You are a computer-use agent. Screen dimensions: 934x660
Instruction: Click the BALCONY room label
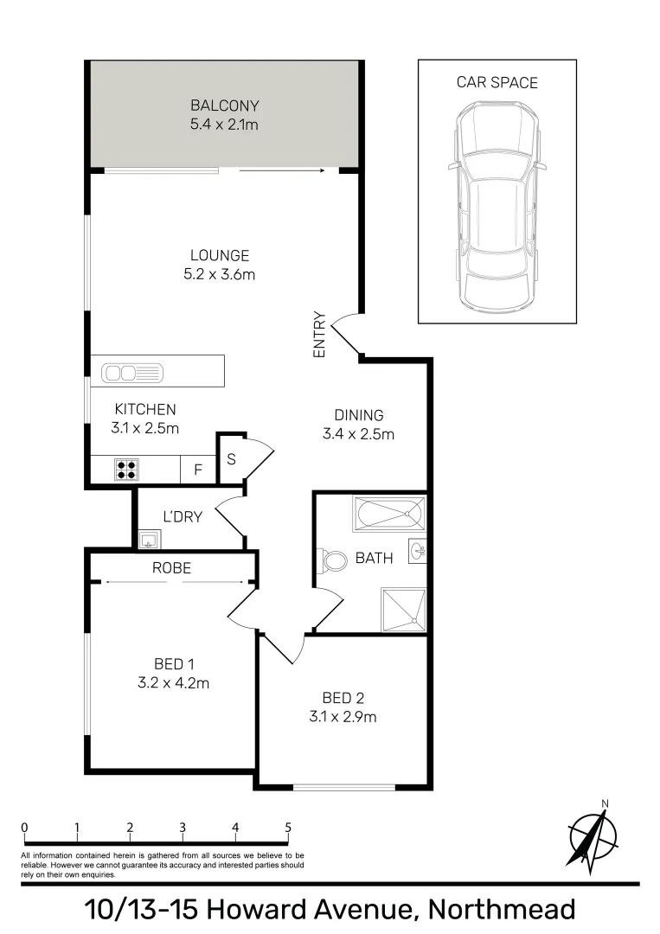pyautogui.click(x=225, y=106)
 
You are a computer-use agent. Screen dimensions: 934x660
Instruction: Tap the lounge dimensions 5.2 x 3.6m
pyautogui.click(x=220, y=275)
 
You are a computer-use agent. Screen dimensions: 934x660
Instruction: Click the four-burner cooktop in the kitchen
pyautogui.click(x=126, y=469)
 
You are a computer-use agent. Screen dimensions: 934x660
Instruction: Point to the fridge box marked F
pyautogui.click(x=198, y=470)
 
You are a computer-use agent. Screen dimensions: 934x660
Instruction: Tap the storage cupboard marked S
pyautogui.click(x=231, y=459)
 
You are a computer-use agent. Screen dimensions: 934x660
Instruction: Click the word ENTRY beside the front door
pyautogui.click(x=318, y=335)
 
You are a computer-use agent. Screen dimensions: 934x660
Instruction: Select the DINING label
pyautogui.click(x=358, y=415)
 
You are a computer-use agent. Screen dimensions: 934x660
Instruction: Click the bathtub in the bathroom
pyautogui.click(x=388, y=515)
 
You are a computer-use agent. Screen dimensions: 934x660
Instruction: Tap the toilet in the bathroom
pyautogui.click(x=331, y=560)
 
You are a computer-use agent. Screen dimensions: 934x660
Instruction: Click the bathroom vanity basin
pyautogui.click(x=418, y=550)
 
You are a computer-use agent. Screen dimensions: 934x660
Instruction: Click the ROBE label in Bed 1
pyautogui.click(x=171, y=568)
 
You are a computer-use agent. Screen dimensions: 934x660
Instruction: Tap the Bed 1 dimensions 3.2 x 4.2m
pyautogui.click(x=174, y=682)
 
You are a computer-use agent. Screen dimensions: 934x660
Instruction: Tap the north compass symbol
pyautogui.click(x=593, y=835)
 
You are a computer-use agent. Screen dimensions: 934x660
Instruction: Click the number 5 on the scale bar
pyautogui.click(x=288, y=827)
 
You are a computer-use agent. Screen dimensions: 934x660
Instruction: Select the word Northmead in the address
pyautogui.click(x=503, y=911)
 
